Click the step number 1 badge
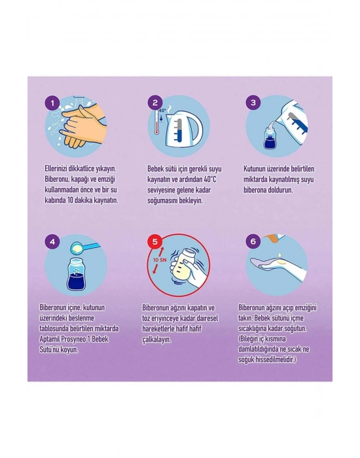click(x=52, y=103)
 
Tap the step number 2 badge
click(x=155, y=103)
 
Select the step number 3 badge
click(x=253, y=103)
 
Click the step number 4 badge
click(x=52, y=241)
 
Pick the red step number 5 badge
click(x=155, y=242)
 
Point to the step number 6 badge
click(x=253, y=241)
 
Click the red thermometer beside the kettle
click(x=156, y=122)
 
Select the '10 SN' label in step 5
click(x=160, y=260)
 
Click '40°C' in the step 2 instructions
click(x=210, y=179)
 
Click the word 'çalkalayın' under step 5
click(x=156, y=340)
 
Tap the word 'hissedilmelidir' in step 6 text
click(x=276, y=360)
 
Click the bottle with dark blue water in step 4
click(x=76, y=275)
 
